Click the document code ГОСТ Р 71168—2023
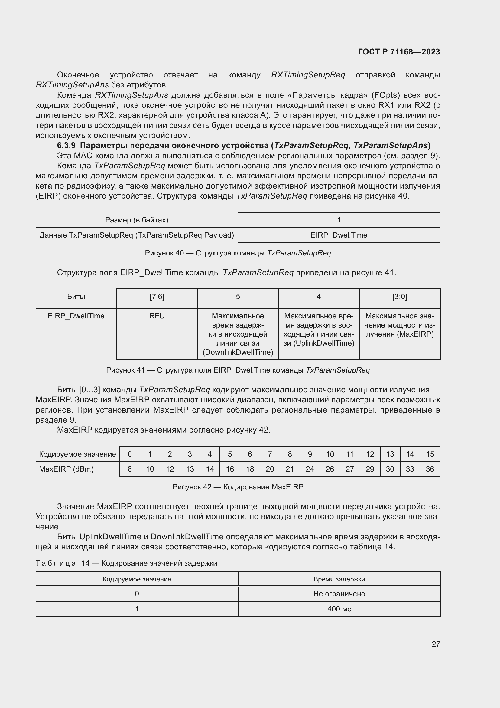(x=399, y=52)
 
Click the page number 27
(x=436, y=644)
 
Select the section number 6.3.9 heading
(x=66, y=145)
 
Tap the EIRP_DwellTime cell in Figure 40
(x=339, y=235)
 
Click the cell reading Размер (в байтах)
(x=137, y=220)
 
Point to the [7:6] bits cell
(x=157, y=297)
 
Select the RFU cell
(x=157, y=316)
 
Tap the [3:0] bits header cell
(x=399, y=297)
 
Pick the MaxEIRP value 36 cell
(x=430, y=469)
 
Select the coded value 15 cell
(x=430, y=454)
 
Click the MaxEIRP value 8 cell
(x=130, y=469)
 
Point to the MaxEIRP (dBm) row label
(x=66, y=469)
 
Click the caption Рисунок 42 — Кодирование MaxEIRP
(x=238, y=487)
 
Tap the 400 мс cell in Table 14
(x=339, y=609)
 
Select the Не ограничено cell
(x=339, y=594)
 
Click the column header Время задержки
(x=339, y=579)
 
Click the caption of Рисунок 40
(x=238, y=253)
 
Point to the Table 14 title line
(x=126, y=563)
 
